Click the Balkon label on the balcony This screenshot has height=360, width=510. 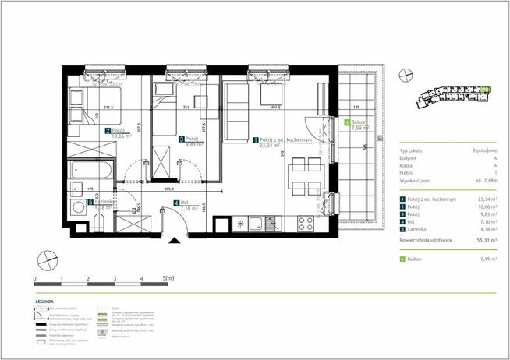(x=359, y=122)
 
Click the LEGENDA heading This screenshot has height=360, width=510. (x=44, y=301)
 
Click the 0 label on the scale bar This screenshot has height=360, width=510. (x=36, y=277)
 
